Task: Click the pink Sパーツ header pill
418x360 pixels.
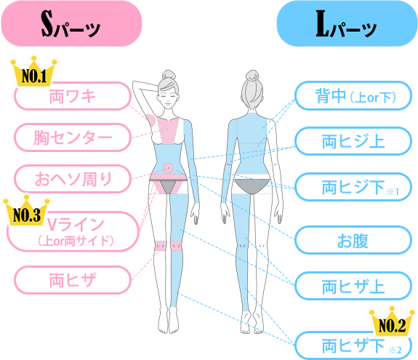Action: click(x=71, y=24)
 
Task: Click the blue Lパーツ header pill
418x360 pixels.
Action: click(x=347, y=24)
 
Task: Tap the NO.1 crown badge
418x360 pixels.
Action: click(x=33, y=71)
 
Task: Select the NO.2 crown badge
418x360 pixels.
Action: click(x=392, y=321)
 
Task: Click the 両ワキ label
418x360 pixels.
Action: click(x=73, y=96)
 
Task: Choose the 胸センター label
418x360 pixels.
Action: click(x=73, y=137)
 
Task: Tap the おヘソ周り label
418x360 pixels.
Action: click(x=73, y=179)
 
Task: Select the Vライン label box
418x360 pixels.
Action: click(x=73, y=232)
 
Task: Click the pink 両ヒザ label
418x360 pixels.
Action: click(x=73, y=280)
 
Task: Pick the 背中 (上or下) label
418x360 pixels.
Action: click(x=353, y=96)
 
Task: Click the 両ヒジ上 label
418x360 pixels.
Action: click(x=353, y=141)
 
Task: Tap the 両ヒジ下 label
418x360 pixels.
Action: click(x=353, y=187)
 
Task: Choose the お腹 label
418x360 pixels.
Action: click(x=353, y=240)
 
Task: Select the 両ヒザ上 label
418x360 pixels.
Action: click(x=353, y=286)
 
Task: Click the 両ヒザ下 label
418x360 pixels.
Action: click(x=353, y=345)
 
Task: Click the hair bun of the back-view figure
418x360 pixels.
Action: click(x=252, y=75)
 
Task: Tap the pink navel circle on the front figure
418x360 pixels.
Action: click(x=168, y=168)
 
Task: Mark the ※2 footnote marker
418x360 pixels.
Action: click(x=395, y=350)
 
